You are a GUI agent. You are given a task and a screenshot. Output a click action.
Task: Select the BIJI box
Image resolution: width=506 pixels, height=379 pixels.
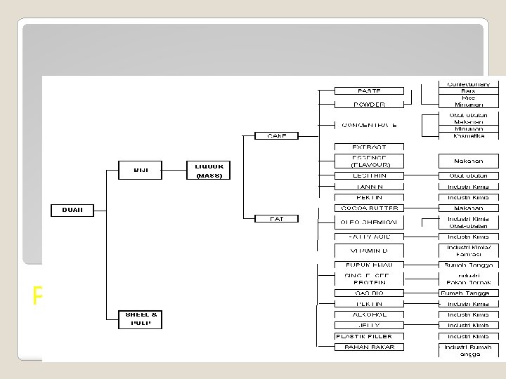(x=140, y=169)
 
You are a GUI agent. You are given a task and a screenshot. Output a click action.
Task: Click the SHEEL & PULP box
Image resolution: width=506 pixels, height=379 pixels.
(x=140, y=319)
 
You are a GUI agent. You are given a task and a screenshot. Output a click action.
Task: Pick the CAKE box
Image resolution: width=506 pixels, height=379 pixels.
(x=275, y=135)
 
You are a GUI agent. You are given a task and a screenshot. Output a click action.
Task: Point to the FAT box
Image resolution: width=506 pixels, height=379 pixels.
(x=275, y=219)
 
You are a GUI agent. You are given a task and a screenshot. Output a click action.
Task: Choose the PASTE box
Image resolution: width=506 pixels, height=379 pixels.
(x=369, y=91)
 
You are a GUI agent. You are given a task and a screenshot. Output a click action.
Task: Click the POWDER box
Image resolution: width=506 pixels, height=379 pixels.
(x=369, y=105)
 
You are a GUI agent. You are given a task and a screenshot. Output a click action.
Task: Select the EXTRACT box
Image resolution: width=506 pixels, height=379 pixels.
(x=369, y=147)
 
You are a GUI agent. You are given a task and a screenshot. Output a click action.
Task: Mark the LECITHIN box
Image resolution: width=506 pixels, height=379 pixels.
(x=369, y=175)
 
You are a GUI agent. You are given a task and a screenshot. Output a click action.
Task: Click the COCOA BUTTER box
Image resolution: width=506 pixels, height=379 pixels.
(x=369, y=208)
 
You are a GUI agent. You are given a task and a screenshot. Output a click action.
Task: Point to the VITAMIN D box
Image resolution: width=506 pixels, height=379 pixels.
(x=369, y=250)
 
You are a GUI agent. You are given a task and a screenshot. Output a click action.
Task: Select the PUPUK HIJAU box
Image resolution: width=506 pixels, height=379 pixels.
(x=369, y=265)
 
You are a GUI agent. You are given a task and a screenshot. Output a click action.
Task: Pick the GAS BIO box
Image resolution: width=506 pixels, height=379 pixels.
(x=369, y=293)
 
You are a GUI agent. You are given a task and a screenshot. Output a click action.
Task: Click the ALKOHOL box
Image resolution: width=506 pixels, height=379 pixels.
(x=369, y=314)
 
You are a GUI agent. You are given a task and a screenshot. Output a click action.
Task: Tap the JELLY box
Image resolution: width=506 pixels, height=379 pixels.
(x=369, y=326)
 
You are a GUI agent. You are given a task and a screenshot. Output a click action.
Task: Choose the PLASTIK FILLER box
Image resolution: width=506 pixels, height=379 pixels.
(x=369, y=336)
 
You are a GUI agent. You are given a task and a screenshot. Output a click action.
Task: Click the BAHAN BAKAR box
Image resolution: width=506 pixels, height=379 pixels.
(x=369, y=347)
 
